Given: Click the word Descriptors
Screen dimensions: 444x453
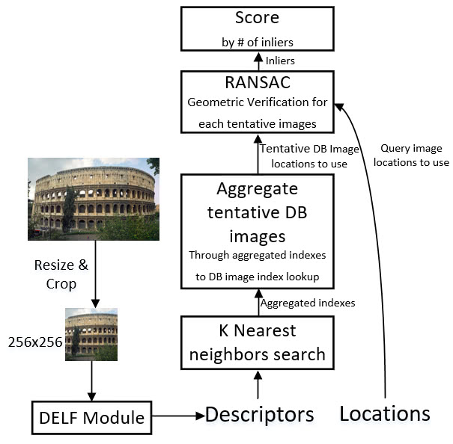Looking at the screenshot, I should coord(259,413).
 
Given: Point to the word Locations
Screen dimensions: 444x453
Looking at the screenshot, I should coord(385,413).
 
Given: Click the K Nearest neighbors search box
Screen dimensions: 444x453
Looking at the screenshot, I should coord(258,342).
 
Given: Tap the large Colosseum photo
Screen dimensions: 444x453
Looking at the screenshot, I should coord(93,198).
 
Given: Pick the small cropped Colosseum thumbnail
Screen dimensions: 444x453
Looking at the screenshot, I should coord(91,334).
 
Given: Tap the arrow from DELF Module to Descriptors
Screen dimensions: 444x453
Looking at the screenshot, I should coord(175,416).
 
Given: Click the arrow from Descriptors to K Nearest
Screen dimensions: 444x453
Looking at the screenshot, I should coord(258,387).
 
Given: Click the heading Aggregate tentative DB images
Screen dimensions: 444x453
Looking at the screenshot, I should coord(258,212).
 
